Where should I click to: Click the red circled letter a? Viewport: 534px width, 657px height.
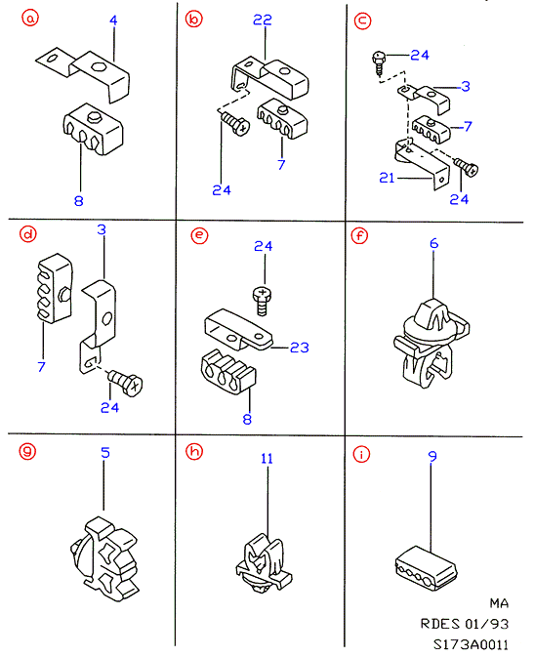pos(30,19)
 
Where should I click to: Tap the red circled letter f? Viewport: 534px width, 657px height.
pos(359,236)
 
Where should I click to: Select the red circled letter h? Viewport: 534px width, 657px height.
pos(194,452)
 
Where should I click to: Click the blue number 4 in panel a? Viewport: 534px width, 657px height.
pos(113,21)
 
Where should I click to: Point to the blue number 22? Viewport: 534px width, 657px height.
pos(263,20)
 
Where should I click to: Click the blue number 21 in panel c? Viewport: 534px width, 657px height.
pos(387,178)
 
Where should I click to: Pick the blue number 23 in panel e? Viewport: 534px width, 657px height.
pos(300,348)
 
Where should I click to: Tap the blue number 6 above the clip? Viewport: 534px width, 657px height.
pos(433,243)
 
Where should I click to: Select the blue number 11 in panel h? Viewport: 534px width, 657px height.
pos(267,459)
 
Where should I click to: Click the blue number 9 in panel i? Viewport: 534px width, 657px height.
pos(432,456)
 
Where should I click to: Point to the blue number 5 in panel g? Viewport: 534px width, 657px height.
pos(105,453)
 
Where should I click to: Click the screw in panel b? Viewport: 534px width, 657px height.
pos(234,123)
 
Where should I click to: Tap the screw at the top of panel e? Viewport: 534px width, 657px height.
pos(262,301)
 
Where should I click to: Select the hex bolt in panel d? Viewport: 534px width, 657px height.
pos(126,382)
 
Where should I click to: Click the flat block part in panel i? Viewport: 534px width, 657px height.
pos(426,568)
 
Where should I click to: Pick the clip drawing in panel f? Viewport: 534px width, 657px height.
pos(431,344)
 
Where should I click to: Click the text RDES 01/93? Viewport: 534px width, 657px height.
pos(465,624)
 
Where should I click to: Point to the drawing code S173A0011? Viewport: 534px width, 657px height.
pos(471,644)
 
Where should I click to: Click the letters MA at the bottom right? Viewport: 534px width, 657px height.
pos(499,603)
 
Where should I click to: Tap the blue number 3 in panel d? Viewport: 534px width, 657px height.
pos(102,229)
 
